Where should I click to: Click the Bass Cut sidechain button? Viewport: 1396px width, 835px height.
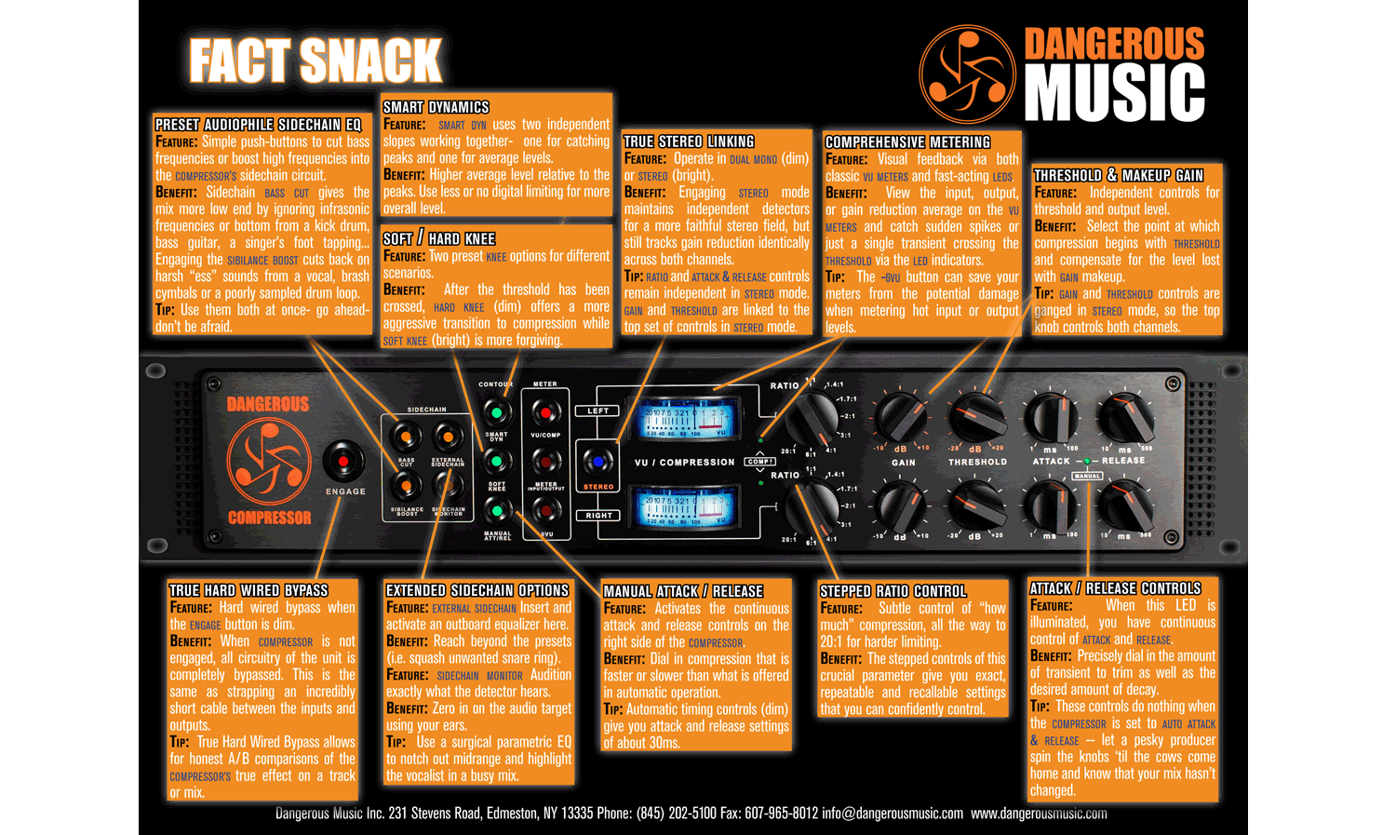(406, 436)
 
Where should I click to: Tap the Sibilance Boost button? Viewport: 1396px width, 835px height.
(406, 486)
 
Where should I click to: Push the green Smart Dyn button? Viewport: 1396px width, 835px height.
(497, 412)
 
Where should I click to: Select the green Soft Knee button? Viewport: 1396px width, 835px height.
(497, 461)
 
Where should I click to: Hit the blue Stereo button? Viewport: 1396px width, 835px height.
(597, 462)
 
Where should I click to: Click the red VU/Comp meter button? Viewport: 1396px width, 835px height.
(545, 412)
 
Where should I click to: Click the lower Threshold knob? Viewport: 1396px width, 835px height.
(976, 505)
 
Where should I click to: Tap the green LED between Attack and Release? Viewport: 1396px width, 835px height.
(1086, 461)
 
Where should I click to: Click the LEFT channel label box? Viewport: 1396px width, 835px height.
(597, 411)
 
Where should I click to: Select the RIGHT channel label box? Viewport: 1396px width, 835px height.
(598, 515)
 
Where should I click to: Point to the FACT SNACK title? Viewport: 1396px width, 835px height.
(315, 61)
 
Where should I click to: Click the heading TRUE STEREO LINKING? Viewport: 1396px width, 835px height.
(689, 141)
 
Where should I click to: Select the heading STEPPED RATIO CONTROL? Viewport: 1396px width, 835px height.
(893, 591)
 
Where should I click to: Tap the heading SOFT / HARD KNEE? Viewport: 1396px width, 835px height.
(439, 238)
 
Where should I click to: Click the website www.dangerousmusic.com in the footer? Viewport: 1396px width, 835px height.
(1039, 814)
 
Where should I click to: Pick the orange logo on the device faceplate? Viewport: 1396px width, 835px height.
(268, 461)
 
